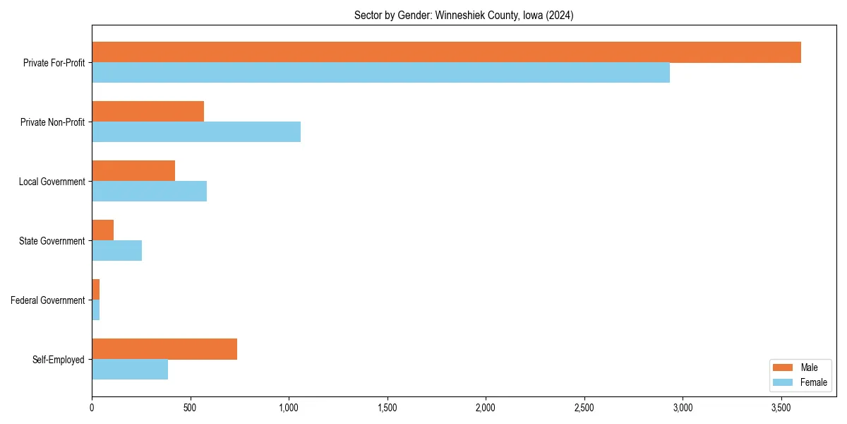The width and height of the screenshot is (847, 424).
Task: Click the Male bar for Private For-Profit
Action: (446, 52)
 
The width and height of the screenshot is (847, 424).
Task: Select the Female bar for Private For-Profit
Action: (380, 73)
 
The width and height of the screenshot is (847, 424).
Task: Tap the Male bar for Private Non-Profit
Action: (148, 112)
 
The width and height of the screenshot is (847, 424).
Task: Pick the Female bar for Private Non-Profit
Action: (196, 132)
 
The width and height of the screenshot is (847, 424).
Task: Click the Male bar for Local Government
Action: (133, 171)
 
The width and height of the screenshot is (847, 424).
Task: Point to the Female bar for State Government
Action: (116, 251)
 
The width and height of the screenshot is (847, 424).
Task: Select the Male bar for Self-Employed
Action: (164, 349)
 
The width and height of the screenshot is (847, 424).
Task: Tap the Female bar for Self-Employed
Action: (130, 370)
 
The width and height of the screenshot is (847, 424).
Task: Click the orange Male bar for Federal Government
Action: (96, 290)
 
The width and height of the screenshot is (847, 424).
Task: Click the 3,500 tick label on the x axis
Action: (780, 408)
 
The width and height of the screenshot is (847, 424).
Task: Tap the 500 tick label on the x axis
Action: (190, 408)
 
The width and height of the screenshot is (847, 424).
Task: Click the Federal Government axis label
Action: (48, 300)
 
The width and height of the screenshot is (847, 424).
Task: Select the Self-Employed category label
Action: (59, 360)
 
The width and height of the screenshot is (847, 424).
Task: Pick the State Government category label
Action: (52, 241)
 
